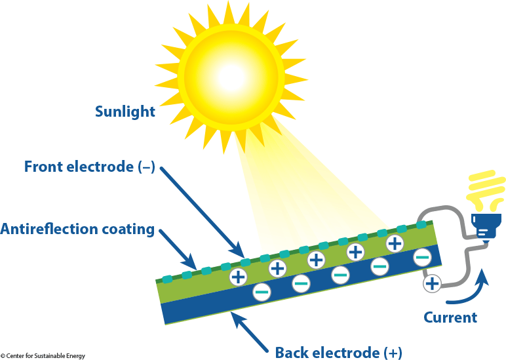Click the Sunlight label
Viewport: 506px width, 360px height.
125,111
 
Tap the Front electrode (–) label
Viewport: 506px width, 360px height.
89,167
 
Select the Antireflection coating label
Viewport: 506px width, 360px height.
77,230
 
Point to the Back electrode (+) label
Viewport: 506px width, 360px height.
338,352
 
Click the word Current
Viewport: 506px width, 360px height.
450,317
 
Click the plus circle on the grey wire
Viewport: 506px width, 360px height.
432,283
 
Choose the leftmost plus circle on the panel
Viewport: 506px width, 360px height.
238,277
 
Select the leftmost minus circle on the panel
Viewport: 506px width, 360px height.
261,291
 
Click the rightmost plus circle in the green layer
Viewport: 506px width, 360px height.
395,243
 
